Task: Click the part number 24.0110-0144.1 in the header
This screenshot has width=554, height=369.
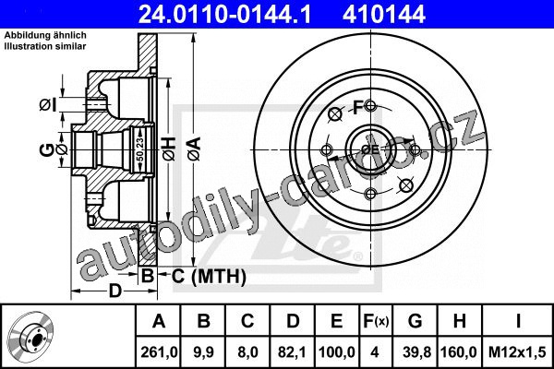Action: click(224, 14)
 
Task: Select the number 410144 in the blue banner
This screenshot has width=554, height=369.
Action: click(384, 14)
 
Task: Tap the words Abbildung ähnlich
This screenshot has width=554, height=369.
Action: click(45, 35)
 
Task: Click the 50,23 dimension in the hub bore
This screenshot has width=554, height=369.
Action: click(140, 149)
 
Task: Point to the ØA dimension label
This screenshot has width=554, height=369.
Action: click(194, 149)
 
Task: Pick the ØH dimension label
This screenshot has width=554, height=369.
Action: click(169, 149)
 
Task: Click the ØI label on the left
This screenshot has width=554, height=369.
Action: click(48, 105)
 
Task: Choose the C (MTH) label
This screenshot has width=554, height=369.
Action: click(209, 276)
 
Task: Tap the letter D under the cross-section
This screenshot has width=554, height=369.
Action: click(115, 291)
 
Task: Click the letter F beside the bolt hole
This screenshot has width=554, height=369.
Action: click(358, 107)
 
